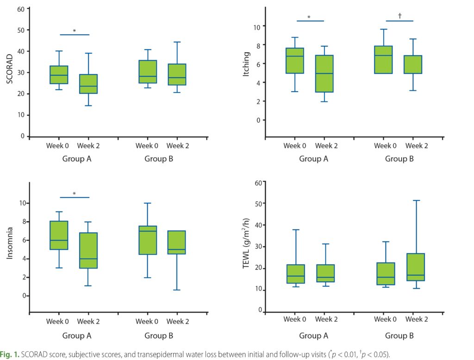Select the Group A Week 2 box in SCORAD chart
(x=88, y=84)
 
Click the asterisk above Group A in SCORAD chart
(x=75, y=31)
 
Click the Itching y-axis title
(x=247, y=73)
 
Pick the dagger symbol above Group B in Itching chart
(x=399, y=16)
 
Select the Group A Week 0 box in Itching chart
(x=295, y=61)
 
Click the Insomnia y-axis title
(x=9, y=245)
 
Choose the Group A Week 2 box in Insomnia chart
(x=88, y=250)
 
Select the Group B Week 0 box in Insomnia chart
(x=147, y=240)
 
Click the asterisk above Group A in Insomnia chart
(x=75, y=194)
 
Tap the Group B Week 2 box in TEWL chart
(x=415, y=267)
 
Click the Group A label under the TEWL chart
(x=313, y=335)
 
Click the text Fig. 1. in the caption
(x=10, y=354)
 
